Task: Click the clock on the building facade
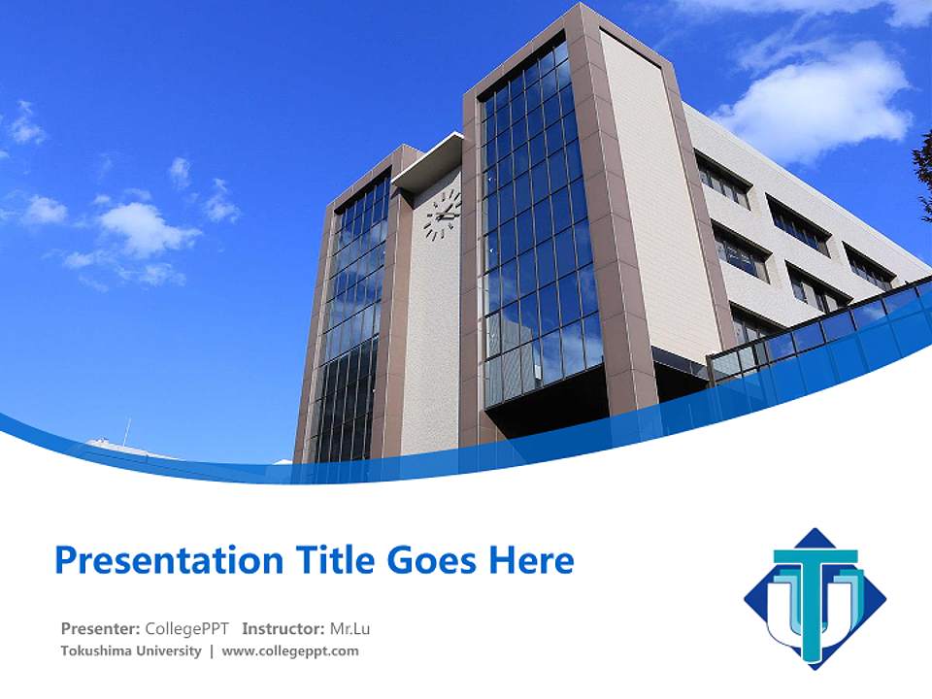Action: (x=442, y=214)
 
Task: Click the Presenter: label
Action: (x=101, y=628)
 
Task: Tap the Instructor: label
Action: (x=283, y=628)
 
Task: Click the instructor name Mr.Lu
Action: (x=350, y=628)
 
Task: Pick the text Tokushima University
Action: (x=130, y=650)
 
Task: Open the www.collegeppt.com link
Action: (x=290, y=650)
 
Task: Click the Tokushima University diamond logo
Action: (x=815, y=598)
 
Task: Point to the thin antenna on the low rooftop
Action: (x=125, y=431)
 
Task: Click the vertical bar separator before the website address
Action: (x=212, y=650)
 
